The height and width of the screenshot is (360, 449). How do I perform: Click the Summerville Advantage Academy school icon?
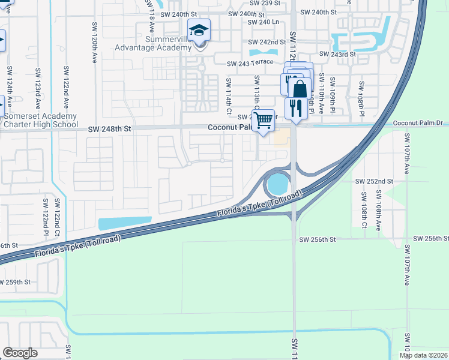click(x=199, y=30)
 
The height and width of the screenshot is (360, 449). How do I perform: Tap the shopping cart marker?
click(x=262, y=121)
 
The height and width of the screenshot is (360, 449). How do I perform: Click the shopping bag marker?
click(x=299, y=89)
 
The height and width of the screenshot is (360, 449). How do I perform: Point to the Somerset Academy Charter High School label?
click(x=40, y=120)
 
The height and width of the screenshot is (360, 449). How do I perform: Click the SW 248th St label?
click(x=109, y=128)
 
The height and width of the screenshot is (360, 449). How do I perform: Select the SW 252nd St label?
click(x=374, y=181)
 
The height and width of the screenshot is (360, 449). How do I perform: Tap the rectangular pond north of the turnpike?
click(x=124, y=223)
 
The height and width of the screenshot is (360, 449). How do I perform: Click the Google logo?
click(x=20, y=352)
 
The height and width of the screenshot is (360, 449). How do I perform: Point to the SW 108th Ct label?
click(x=363, y=211)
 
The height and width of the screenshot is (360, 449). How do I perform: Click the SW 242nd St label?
click(x=267, y=42)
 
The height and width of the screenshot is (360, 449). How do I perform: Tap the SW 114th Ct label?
click(x=229, y=95)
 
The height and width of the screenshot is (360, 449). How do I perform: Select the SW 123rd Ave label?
click(x=38, y=86)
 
